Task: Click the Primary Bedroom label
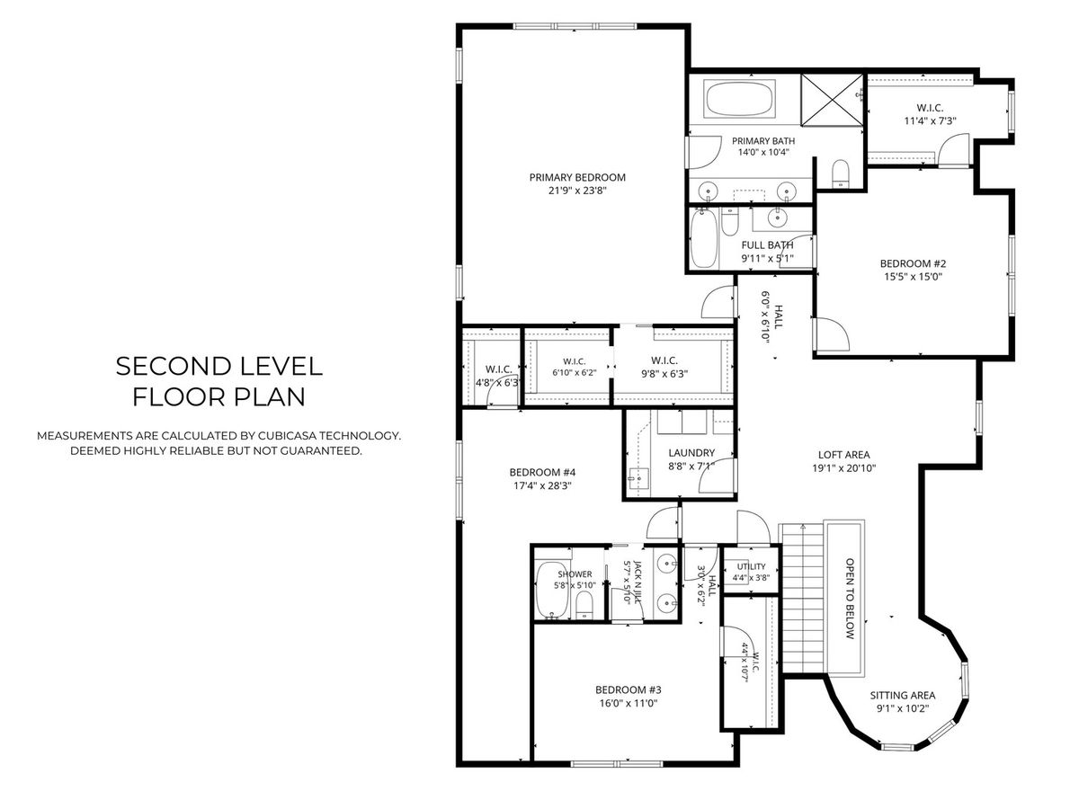577,177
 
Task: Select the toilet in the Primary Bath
841,173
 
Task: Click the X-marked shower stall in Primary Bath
833,100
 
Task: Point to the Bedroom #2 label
913,263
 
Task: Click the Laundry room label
691,452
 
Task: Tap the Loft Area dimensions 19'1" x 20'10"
843,468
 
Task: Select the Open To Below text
850,599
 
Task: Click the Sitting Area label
903,695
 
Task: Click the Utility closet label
751,566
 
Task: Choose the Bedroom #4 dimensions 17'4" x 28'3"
542,485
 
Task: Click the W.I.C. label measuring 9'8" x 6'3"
664,360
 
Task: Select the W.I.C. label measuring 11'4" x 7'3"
930,108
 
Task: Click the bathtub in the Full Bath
703,238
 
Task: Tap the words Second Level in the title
218,367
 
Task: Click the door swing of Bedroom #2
833,333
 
